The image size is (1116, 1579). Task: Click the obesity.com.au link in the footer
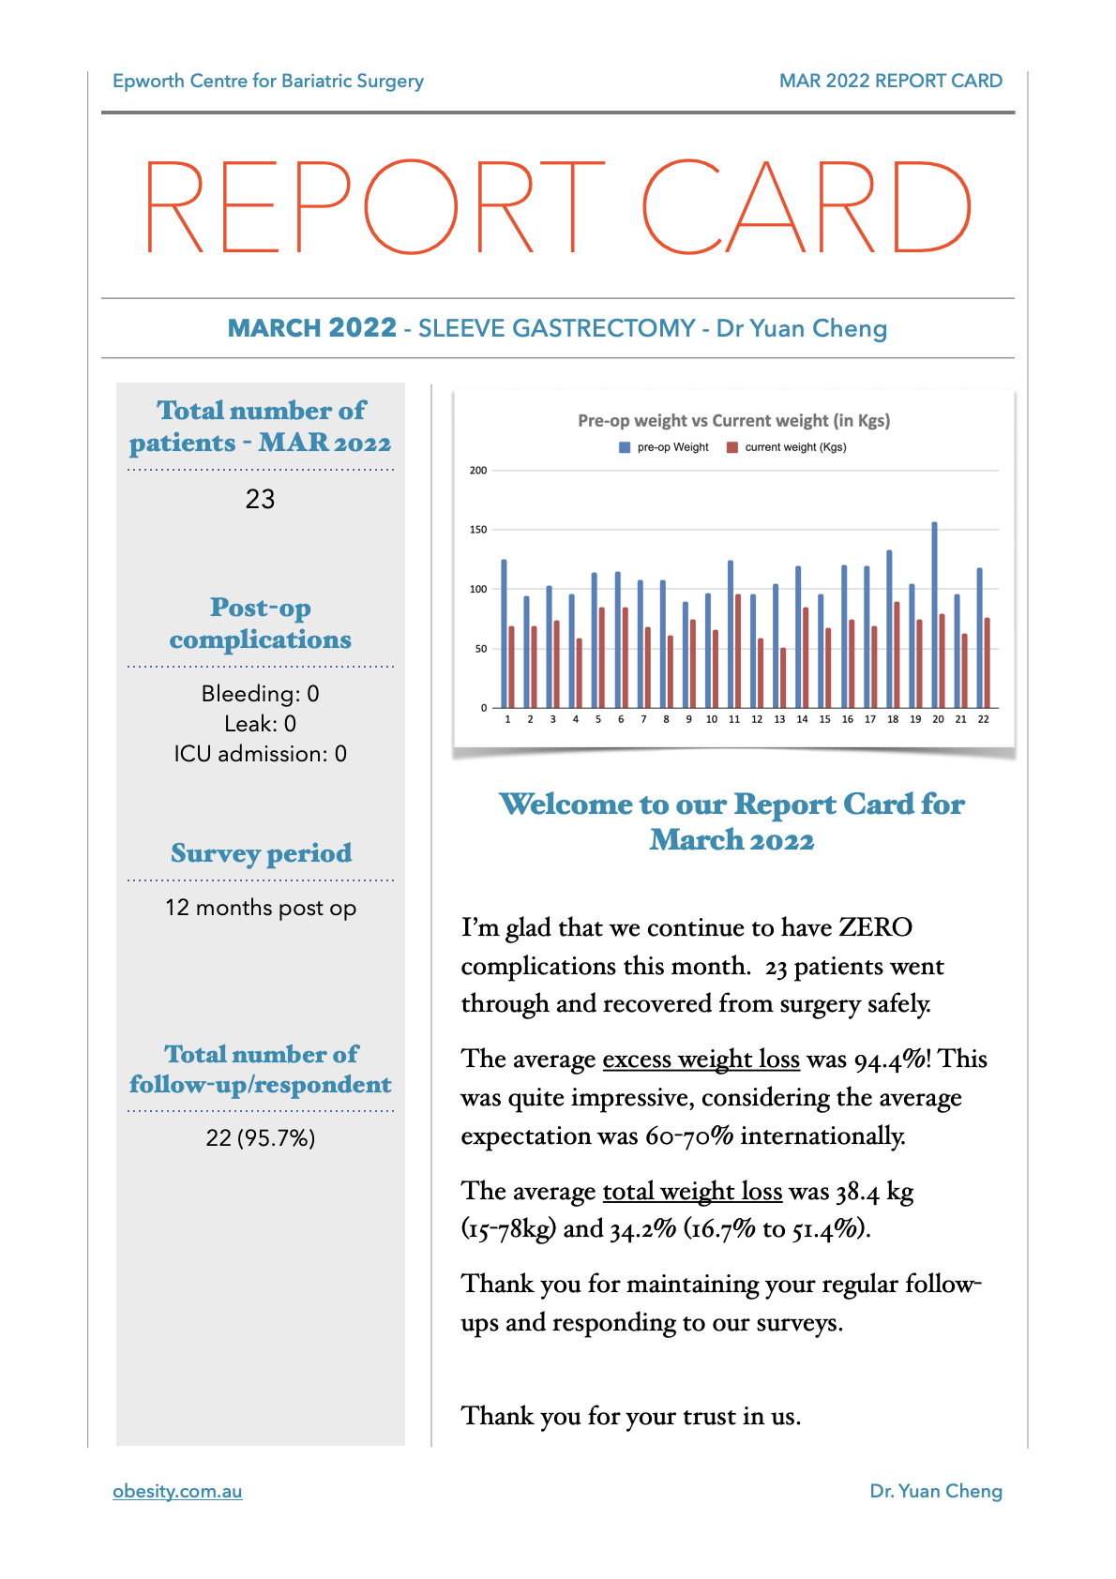pos(177,1491)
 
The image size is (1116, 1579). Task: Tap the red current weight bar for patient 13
pos(783,677)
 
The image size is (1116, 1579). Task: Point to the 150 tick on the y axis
pos(478,530)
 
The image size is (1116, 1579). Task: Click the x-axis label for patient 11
pos(734,719)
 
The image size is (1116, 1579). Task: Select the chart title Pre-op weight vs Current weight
pos(733,420)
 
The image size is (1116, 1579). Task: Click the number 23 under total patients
pos(260,499)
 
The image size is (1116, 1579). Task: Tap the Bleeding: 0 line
pos(260,694)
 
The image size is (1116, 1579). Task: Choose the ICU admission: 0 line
pos(260,754)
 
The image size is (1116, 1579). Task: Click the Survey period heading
pos(261,853)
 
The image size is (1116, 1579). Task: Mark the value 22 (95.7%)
pos(260,1137)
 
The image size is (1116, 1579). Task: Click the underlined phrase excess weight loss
pos(701,1060)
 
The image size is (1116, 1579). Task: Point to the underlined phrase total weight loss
pos(692,1192)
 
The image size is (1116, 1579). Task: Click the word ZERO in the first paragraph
pos(875,927)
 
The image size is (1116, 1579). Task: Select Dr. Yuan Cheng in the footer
pos(935,1491)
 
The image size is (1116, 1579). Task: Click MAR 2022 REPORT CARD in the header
pos(890,81)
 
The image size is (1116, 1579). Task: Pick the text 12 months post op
pos(260,908)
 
